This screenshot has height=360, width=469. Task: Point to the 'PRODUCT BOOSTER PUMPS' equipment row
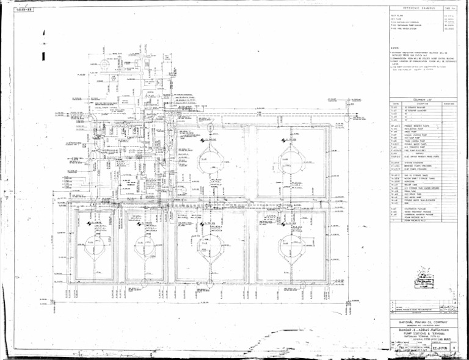coord(415,125)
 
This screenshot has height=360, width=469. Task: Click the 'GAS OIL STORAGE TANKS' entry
coord(415,174)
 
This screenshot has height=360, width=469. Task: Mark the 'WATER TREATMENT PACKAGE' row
coord(415,211)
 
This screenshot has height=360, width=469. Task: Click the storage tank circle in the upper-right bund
coord(289,160)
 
